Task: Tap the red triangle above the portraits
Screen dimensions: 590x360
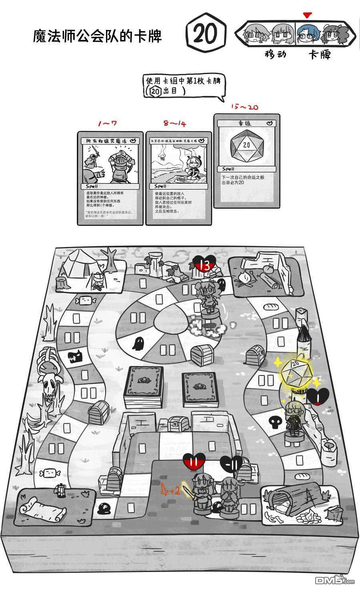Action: click(x=307, y=16)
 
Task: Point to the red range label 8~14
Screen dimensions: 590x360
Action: click(x=174, y=124)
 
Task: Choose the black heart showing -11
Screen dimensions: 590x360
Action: click(x=231, y=465)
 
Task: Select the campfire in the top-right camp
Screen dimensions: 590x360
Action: click(x=244, y=279)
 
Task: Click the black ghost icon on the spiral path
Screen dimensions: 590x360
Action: click(x=139, y=343)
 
